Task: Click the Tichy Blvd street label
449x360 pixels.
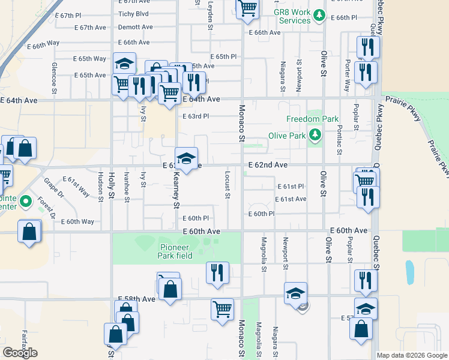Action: click(133, 14)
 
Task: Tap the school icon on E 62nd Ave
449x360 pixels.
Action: click(186, 158)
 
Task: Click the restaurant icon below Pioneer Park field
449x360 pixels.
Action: click(217, 271)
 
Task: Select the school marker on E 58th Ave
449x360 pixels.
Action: click(295, 293)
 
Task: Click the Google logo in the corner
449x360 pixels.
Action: click(20, 353)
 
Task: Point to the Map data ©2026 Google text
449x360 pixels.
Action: click(412, 355)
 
